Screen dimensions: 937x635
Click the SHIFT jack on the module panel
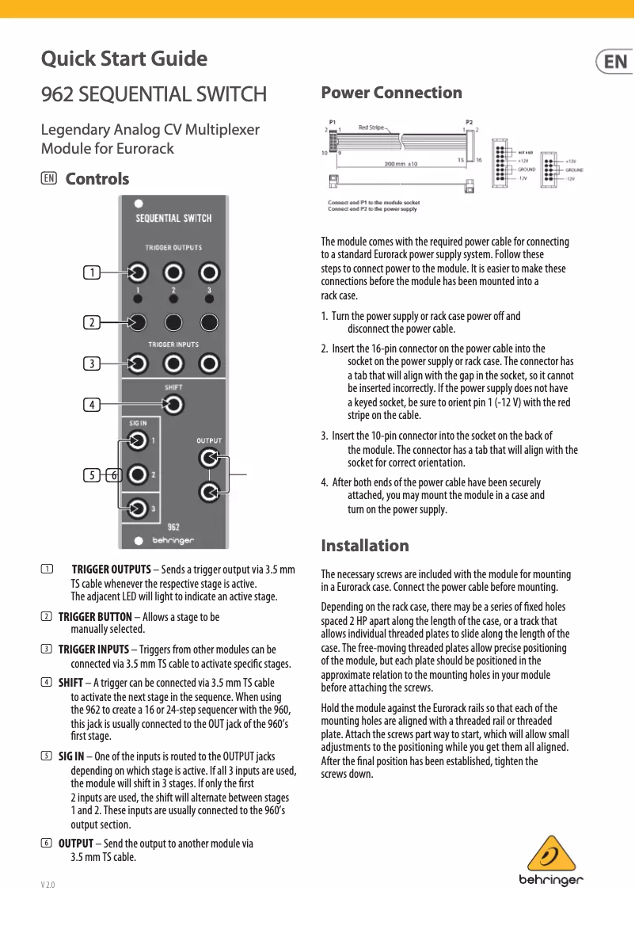[173, 406]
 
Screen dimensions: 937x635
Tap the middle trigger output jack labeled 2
[173, 273]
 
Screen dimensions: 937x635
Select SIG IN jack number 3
[138, 508]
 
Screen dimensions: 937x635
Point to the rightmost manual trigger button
[209, 322]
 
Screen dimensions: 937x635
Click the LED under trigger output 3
[209, 300]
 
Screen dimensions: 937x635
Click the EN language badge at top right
[614, 62]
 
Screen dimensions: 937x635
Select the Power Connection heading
[391, 93]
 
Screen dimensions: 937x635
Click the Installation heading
[365, 546]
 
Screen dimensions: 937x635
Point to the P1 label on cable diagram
[333, 122]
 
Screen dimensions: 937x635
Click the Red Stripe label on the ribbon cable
[372, 127]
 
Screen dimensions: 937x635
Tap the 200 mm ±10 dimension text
[406, 164]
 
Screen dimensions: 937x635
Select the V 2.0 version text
[48, 884]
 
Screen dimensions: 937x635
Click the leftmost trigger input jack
[138, 364]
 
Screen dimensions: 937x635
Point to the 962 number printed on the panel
[174, 527]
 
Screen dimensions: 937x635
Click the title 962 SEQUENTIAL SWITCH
[154, 95]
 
